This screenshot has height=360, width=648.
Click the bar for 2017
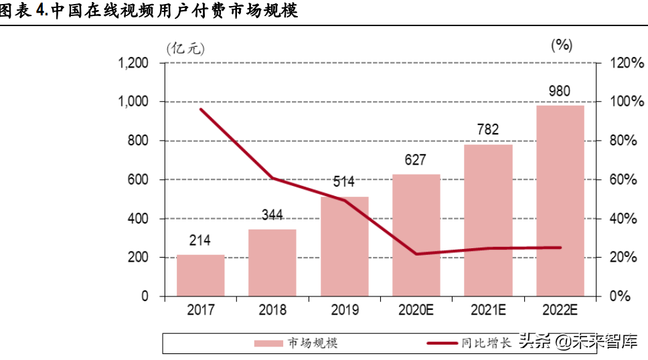coord(200,275)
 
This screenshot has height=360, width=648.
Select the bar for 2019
coord(344,246)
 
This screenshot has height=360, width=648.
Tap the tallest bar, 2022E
coord(560,201)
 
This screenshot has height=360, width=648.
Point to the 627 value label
coord(415,161)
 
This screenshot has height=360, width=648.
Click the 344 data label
coord(272,215)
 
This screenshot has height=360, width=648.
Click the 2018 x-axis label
coord(272,310)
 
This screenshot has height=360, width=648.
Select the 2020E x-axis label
coord(416,310)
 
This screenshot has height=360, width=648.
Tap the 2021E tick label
coord(488,310)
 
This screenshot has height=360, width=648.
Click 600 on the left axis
coord(137,180)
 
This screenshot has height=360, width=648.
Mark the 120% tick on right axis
coord(627,64)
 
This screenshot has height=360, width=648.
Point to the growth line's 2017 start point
coord(201,109)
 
